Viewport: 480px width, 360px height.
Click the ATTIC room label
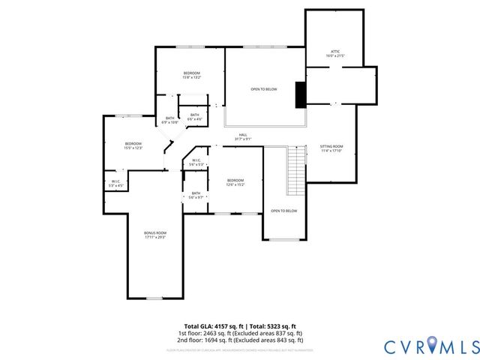tap(334, 52)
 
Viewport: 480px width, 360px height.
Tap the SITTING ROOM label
tap(331, 146)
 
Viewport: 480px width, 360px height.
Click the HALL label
tap(243, 135)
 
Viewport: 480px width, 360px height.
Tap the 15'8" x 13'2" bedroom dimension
tap(191, 77)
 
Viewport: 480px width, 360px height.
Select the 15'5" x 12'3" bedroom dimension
tap(133, 148)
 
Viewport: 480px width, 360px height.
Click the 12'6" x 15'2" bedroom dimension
tap(235, 184)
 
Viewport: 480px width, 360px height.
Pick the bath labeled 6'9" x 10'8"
tap(169, 122)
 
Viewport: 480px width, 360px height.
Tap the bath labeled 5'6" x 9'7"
tap(196, 197)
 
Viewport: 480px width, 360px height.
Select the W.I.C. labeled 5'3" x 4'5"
tap(116, 184)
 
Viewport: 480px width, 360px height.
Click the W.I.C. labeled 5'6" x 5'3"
tap(196, 164)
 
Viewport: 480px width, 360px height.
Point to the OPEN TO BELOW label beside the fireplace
tap(264, 89)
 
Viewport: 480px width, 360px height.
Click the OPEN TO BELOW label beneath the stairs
tap(284, 211)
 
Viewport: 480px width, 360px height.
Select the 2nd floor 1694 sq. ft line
tap(240, 340)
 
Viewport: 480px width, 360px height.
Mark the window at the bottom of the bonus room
tap(154, 298)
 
